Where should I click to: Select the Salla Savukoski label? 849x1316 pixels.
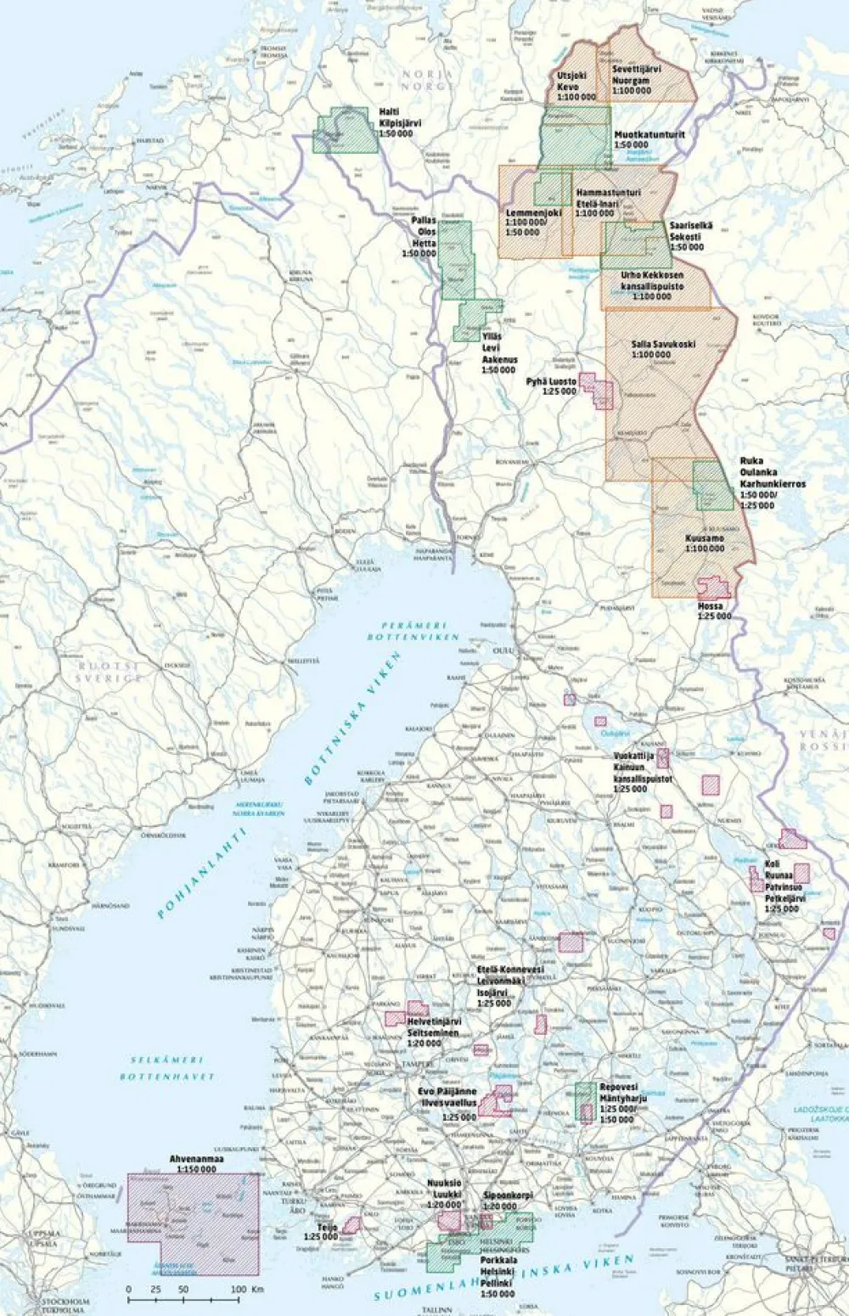click(x=663, y=349)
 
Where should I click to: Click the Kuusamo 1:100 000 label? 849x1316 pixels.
click(x=705, y=543)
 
